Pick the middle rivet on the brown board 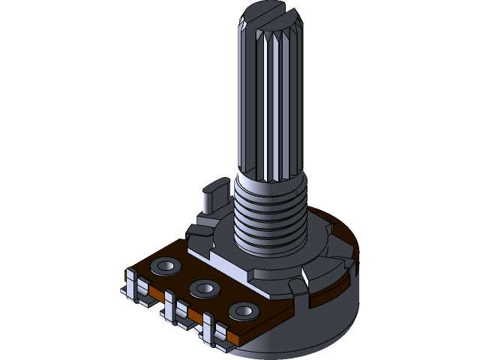203,287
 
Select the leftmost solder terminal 136,289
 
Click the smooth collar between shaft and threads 270,180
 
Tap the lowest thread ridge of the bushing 270,244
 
